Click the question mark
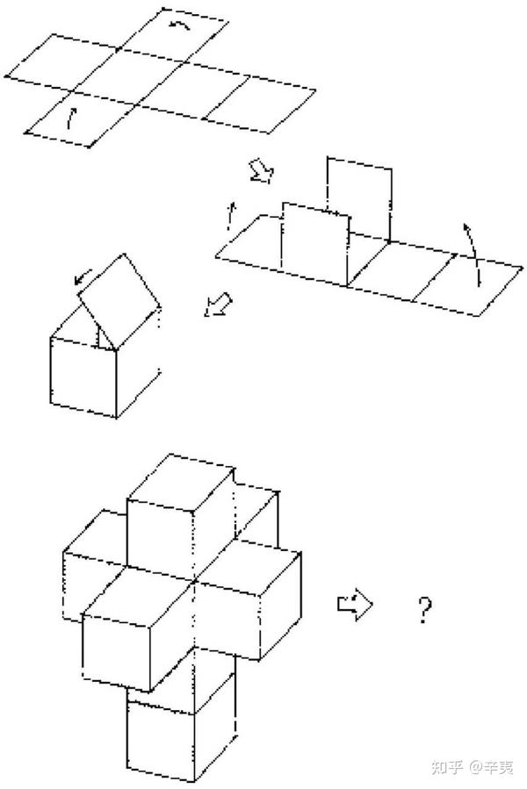tap(425, 609)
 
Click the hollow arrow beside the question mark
tap(355, 604)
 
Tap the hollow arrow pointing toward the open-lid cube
tap(219, 305)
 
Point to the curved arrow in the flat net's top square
tap(180, 25)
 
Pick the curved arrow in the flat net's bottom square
tap(71, 118)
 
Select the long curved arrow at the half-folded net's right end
tap(473, 253)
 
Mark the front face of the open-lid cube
tap(83, 377)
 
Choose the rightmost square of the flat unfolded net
tap(259, 105)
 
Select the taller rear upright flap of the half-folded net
tap(359, 199)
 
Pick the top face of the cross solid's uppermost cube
tap(181, 482)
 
